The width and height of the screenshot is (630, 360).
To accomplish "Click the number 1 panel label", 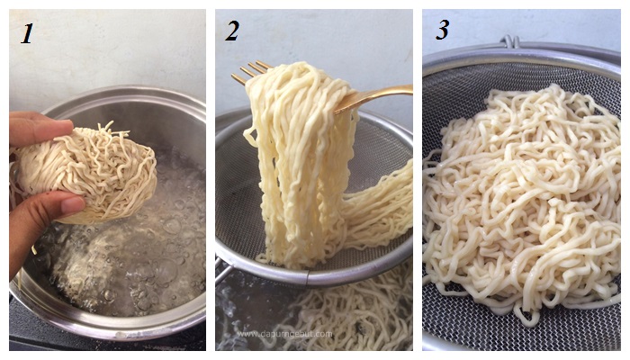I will pos(27,33).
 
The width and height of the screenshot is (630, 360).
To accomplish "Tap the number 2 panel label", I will pos(232,31).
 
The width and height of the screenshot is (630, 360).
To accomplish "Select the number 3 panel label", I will pos(442,30).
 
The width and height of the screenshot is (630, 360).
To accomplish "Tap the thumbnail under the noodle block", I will pos(73,206).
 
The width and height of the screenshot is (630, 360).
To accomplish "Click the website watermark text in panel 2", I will pos(284,334).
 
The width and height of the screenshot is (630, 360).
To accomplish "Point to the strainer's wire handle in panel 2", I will pos(222,271).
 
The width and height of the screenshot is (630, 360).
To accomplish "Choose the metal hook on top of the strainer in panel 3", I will pos(510,41).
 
